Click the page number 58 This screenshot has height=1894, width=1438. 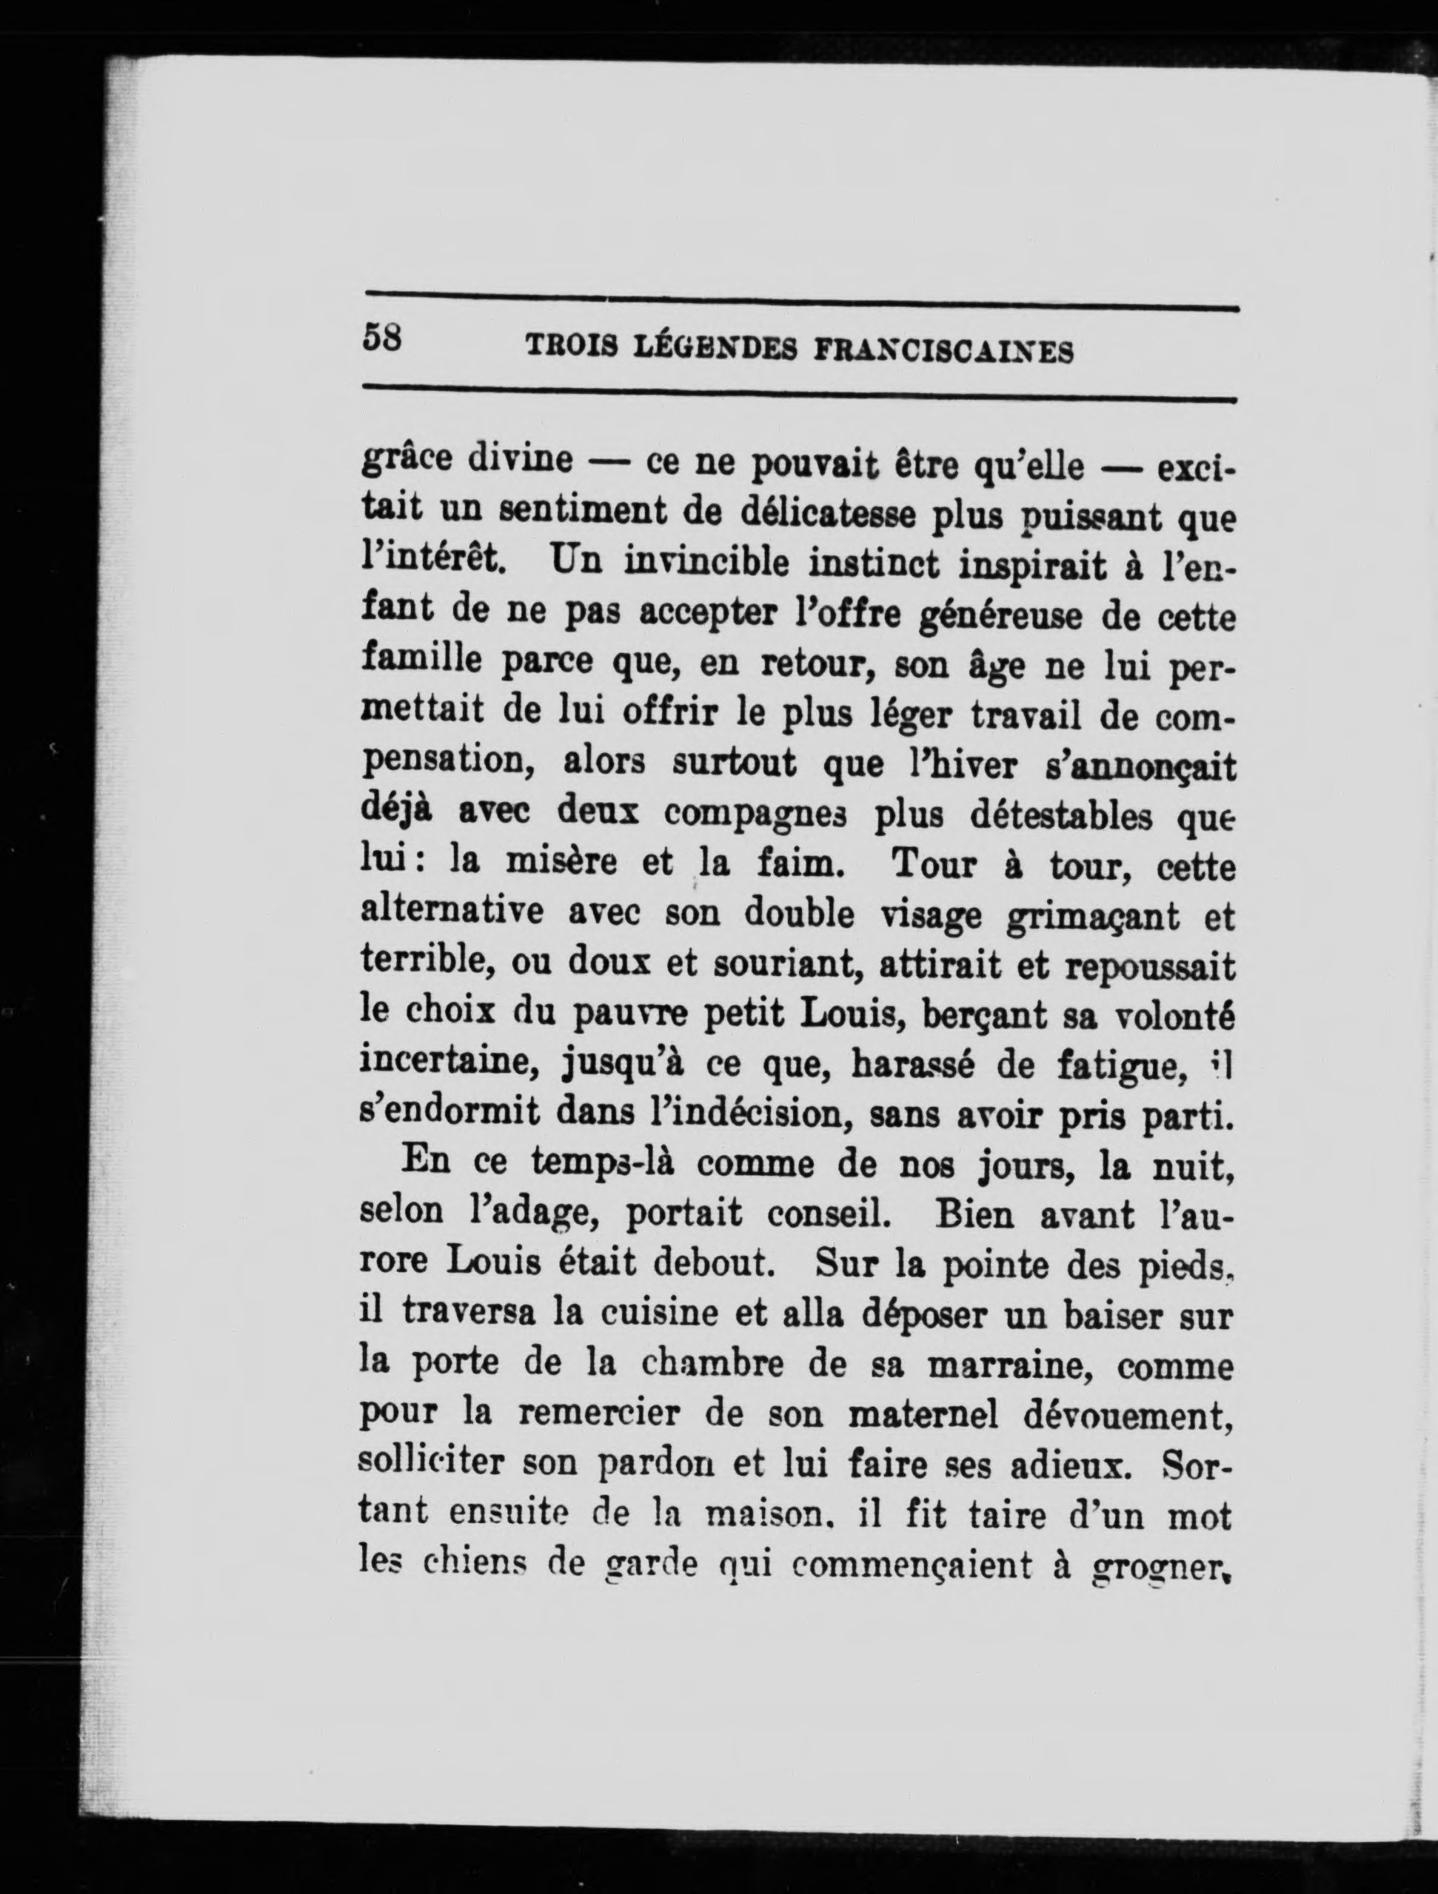[x=382, y=338]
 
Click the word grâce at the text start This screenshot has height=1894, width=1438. [x=407, y=460]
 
